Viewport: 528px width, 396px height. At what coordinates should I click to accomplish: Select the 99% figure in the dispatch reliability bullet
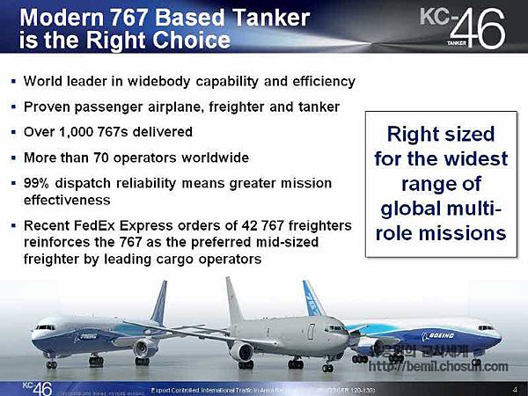tap(39, 183)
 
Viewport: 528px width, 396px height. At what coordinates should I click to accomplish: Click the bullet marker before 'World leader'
tap(13, 81)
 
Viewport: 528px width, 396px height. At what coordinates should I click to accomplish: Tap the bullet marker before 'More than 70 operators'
tap(13, 158)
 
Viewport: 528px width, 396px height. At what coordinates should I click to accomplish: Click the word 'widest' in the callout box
tap(475, 159)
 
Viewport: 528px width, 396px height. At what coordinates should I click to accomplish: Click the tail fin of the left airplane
tap(159, 303)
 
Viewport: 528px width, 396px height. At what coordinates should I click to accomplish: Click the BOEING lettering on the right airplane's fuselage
tap(444, 335)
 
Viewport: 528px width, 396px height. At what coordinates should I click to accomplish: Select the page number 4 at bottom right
tap(513, 388)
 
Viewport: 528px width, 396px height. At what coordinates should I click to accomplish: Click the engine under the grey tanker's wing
tap(241, 351)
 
